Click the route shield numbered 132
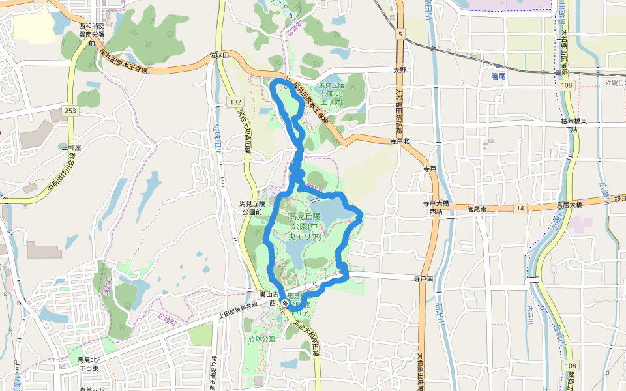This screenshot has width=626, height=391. click(x=235, y=102)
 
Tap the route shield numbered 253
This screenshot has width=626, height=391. click(x=70, y=111)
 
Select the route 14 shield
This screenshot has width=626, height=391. click(x=520, y=208)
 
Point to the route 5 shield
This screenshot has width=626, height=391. click(x=398, y=33)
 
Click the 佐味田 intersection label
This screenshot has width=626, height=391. click(x=219, y=57)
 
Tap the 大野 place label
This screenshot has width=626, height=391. click(x=400, y=69)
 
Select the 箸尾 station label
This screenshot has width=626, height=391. click(x=499, y=76)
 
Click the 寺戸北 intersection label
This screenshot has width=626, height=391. click(x=399, y=140)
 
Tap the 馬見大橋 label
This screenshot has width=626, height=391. click(x=569, y=205)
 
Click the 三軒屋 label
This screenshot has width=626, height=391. click(x=70, y=147)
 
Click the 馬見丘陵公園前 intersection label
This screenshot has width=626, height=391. click(x=252, y=208)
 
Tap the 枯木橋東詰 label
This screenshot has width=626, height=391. click(x=574, y=125)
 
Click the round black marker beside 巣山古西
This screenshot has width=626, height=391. click(x=285, y=303)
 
